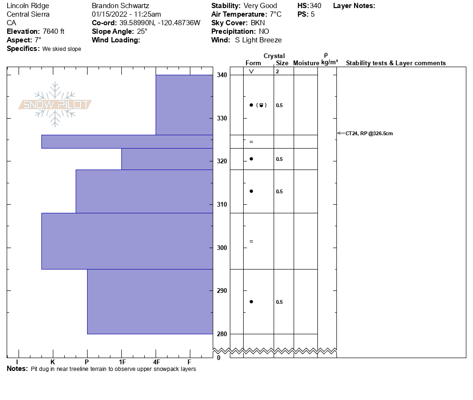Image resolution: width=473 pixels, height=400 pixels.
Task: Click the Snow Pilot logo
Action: tap(55, 104)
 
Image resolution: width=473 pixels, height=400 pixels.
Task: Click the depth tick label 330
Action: tap(222, 118)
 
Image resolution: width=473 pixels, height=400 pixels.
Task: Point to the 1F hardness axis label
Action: tap(122, 361)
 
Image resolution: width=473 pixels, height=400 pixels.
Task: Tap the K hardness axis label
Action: tap(52, 361)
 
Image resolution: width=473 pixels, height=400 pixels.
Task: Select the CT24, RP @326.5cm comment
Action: tap(369, 133)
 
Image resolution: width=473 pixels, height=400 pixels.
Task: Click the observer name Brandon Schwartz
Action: tap(120, 6)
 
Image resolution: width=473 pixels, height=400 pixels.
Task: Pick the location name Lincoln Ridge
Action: tap(28, 6)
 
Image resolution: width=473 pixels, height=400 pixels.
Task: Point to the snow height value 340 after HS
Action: tap(315, 6)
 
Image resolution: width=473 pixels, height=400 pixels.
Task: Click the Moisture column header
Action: tap(306, 63)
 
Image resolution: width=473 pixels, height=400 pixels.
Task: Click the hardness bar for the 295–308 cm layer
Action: tap(127, 241)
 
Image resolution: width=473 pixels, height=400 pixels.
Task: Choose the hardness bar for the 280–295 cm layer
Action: tap(150, 301)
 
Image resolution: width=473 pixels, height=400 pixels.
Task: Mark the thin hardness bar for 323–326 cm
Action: tap(127, 141)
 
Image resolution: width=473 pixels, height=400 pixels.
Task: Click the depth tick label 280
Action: tap(222, 334)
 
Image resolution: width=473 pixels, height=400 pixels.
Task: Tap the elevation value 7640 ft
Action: tap(53, 31)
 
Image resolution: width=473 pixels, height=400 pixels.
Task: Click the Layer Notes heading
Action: tap(354, 6)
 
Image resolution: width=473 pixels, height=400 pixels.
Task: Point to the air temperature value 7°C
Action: tap(273, 14)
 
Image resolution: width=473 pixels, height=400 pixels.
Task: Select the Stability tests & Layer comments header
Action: tap(396, 63)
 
